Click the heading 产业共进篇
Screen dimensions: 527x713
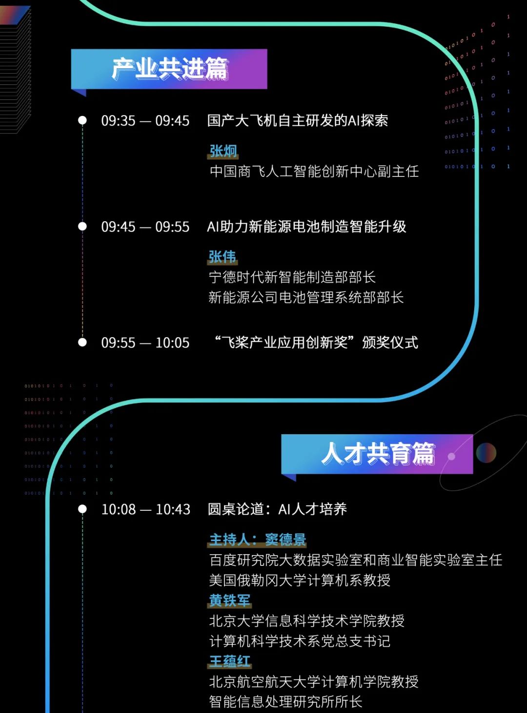click(x=169, y=69)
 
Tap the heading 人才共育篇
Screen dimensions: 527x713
click(x=377, y=454)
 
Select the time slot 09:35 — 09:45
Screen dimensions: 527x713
click(x=145, y=121)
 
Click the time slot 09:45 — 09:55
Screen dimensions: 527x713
click(x=145, y=227)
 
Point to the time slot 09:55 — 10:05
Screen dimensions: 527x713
click(x=145, y=343)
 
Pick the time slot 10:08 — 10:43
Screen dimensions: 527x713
click(x=145, y=510)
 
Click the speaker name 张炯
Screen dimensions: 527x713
click(x=223, y=151)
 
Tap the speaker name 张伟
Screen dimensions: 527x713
click(x=223, y=257)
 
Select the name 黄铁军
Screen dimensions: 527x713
click(x=230, y=600)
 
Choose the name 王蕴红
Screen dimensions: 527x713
click(x=230, y=661)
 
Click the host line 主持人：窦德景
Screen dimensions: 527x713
click(x=258, y=540)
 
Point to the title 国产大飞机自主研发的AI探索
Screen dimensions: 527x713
click(x=298, y=121)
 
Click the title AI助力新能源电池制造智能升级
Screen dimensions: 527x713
click(x=306, y=227)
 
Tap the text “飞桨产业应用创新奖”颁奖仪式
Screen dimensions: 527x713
click(x=317, y=343)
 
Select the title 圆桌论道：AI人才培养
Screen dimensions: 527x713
click(x=277, y=510)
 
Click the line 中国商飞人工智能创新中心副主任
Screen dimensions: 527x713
click(x=314, y=172)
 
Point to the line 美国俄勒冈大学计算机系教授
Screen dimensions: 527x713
click(x=300, y=580)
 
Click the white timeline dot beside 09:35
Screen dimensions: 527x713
click(x=82, y=120)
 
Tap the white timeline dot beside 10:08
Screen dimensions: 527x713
click(x=82, y=509)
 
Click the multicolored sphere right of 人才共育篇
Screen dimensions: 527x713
click(x=486, y=453)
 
